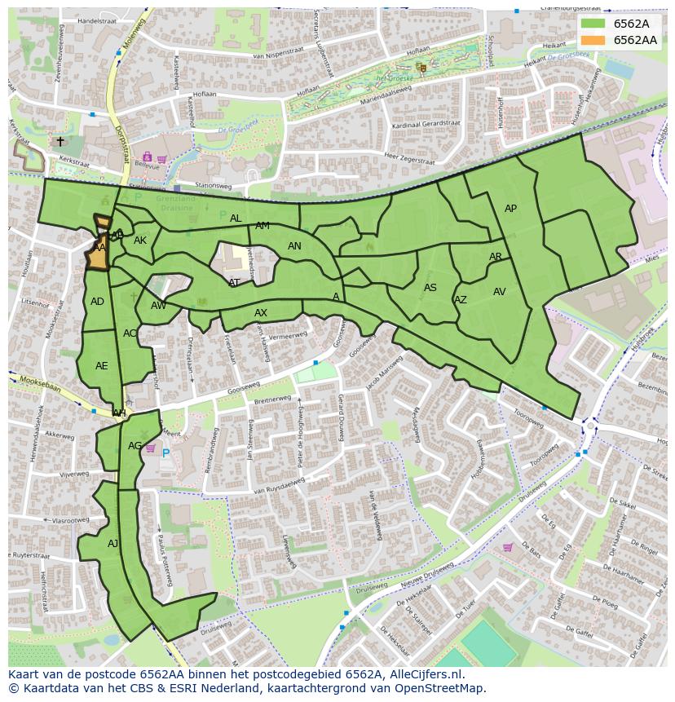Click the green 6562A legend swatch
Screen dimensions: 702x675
pyautogui.click(x=593, y=24)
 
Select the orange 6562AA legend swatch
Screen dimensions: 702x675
pyautogui.click(x=593, y=40)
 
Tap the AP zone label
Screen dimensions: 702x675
pyautogui.click(x=510, y=209)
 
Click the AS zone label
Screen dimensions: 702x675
pyautogui.click(x=430, y=288)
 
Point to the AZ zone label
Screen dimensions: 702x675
pyautogui.click(x=461, y=300)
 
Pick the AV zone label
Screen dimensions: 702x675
pyautogui.click(x=500, y=292)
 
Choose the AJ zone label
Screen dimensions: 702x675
pyautogui.click(x=112, y=543)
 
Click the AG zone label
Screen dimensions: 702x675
pyautogui.click(x=135, y=446)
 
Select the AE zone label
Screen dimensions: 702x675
pyautogui.click(x=101, y=366)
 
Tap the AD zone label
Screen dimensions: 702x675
pyautogui.click(x=97, y=302)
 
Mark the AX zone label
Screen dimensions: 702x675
pyautogui.click(x=261, y=313)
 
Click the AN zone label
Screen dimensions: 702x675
pyautogui.click(x=294, y=246)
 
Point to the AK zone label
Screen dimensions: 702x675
pyautogui.click(x=140, y=241)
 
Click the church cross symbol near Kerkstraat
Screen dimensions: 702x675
pyautogui.click(x=60, y=141)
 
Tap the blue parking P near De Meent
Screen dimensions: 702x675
pyautogui.click(x=165, y=453)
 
